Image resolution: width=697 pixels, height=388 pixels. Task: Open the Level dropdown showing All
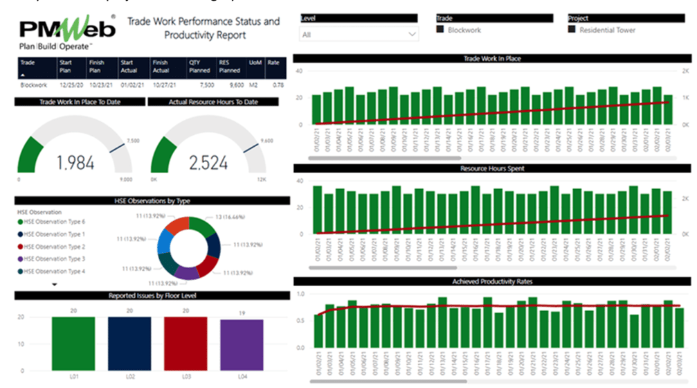click(359, 33)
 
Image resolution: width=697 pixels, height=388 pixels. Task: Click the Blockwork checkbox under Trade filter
click(440, 30)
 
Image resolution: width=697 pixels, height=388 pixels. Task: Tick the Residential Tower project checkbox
click(571, 30)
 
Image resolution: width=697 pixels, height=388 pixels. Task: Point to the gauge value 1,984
click(75, 163)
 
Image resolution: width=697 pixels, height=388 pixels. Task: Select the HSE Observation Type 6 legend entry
click(55, 222)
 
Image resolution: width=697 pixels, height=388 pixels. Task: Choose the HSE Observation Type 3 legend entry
click(55, 258)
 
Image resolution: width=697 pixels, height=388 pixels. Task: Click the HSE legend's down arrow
click(55, 284)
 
